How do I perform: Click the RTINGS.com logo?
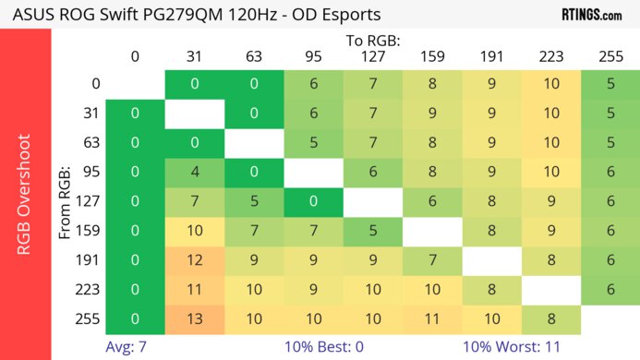(x=591, y=15)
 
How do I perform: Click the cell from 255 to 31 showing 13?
(x=195, y=319)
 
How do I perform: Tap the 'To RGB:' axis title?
(x=373, y=41)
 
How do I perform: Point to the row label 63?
(x=91, y=144)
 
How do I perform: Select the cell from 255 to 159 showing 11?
(x=432, y=319)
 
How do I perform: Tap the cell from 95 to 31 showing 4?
(x=195, y=174)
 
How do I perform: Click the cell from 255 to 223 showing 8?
(x=551, y=319)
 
